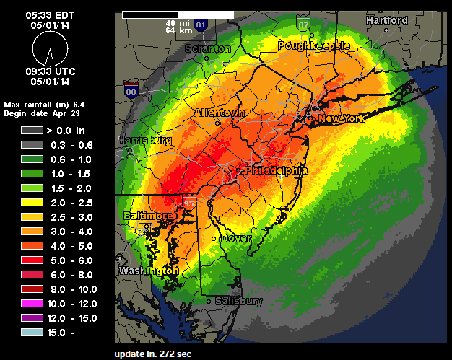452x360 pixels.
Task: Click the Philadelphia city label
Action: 277,171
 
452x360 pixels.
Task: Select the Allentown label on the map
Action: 220,113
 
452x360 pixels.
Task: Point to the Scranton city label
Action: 208,49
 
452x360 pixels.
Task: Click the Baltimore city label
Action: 149,216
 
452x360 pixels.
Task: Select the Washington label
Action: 148,271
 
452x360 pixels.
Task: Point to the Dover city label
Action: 235,238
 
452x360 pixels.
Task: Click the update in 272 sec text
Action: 151,354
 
